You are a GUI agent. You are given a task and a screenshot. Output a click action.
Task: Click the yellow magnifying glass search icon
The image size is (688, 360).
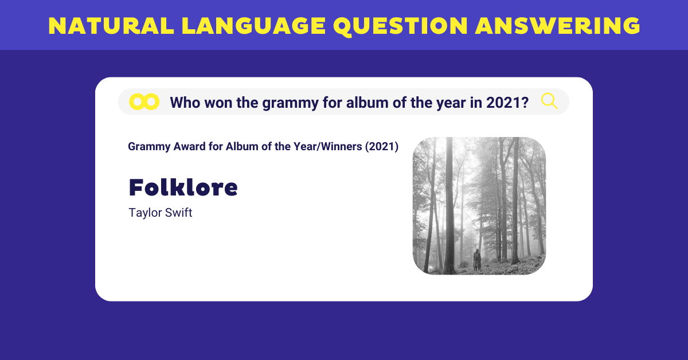549,101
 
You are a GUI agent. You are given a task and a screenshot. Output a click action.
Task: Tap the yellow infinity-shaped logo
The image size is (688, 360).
144,101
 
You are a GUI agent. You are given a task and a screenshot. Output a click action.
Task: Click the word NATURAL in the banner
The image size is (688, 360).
111,26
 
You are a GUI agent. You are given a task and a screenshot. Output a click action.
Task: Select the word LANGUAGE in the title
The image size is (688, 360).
253,26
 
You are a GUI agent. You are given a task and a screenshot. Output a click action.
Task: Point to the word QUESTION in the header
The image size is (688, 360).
400,26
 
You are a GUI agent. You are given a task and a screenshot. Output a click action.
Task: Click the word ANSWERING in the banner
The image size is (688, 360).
557,26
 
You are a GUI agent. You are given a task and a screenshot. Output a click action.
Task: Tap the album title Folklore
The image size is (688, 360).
183,187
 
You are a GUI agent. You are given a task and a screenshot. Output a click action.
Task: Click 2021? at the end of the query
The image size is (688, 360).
507,103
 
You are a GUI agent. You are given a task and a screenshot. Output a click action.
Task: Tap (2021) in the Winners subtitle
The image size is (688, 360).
382,147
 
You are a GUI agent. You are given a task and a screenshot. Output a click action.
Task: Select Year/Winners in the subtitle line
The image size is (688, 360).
328,147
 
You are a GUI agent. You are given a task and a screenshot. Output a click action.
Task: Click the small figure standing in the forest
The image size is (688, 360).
476,260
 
